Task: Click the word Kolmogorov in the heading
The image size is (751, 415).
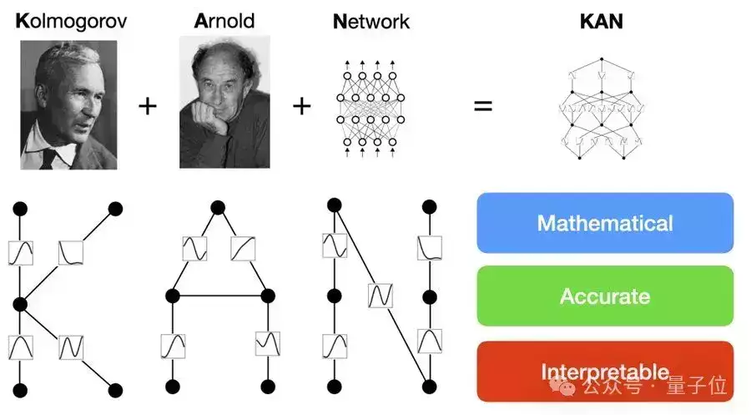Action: click(x=71, y=21)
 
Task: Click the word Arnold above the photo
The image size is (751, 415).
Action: click(x=224, y=21)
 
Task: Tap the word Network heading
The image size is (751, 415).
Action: click(x=370, y=21)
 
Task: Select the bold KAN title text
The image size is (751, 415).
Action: click(x=602, y=21)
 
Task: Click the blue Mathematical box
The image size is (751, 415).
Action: click(x=605, y=223)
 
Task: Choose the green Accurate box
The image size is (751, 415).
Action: click(x=605, y=296)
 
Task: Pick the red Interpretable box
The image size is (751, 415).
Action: click(x=605, y=371)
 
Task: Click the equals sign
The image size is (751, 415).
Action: click(x=483, y=107)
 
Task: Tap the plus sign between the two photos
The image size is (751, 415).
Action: click(x=147, y=107)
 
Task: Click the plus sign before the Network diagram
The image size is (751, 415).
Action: click(x=302, y=107)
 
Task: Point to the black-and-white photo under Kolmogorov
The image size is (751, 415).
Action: click(x=69, y=105)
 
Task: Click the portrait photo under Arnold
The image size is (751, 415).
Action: click(x=224, y=102)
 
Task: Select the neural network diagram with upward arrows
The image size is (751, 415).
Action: click(x=370, y=107)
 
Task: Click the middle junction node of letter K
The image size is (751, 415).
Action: click(x=20, y=305)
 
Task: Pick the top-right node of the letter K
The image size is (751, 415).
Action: click(x=116, y=207)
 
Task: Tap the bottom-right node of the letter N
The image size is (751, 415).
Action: click(x=430, y=387)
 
